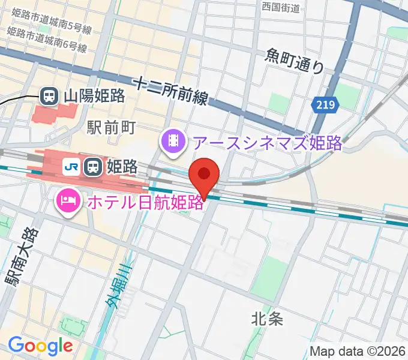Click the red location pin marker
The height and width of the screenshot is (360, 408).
tap(205, 175)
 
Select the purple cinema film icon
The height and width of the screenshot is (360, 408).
tap(173, 142)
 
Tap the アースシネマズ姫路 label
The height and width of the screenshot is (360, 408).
tap(266, 143)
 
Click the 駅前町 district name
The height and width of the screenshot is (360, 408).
tap(112, 127)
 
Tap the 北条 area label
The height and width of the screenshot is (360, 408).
tap(268, 319)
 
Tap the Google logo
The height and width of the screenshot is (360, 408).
tap(40, 346)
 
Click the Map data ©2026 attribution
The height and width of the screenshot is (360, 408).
tap(358, 352)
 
